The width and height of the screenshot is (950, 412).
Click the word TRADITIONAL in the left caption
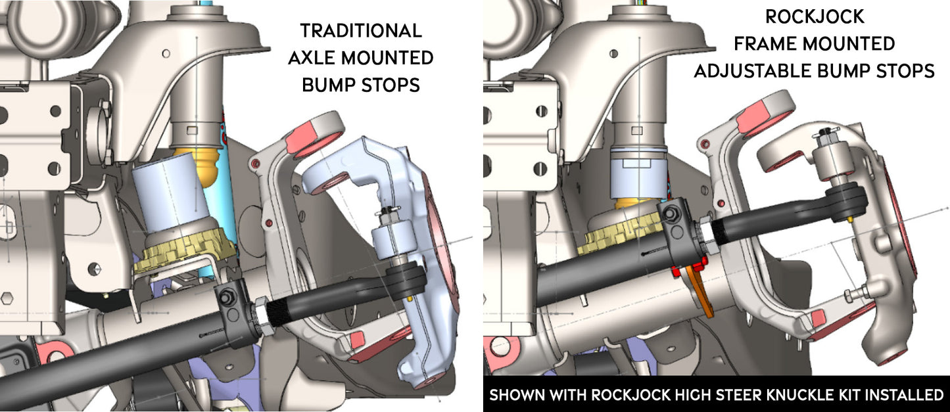pos(360,31)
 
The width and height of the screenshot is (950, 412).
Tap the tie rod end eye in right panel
pos(851,196)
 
